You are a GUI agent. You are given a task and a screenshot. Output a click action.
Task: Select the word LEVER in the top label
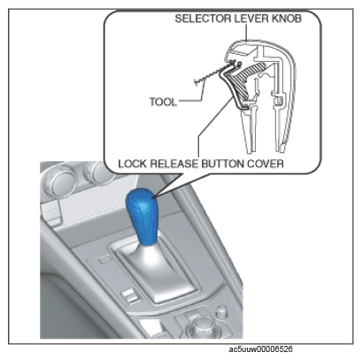pyautogui.click(x=251, y=19)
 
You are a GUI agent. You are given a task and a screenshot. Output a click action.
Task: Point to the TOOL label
pyautogui.click(x=163, y=102)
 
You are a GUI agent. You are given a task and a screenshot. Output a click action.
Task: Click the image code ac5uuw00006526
pyautogui.click(x=261, y=349)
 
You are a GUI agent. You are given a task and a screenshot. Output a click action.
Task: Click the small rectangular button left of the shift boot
pyautogui.click(x=105, y=260)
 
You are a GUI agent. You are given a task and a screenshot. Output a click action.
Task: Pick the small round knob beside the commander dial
pyautogui.click(x=222, y=311)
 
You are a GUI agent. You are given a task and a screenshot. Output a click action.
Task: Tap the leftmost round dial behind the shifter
pyautogui.click(x=59, y=180)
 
